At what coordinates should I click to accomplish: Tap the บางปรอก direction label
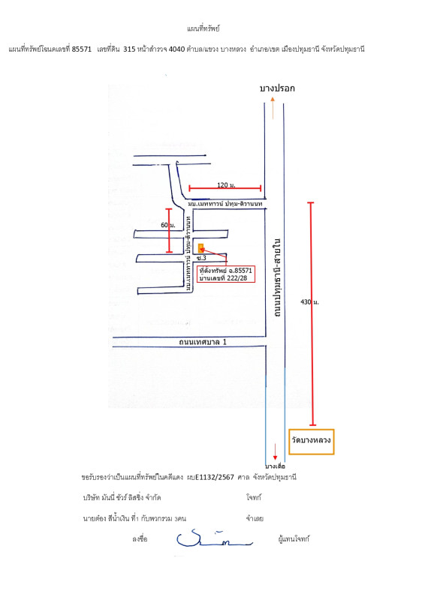coord(277,88)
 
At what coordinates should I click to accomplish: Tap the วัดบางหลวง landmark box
coord(312,442)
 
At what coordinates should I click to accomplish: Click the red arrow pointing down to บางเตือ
coord(276,450)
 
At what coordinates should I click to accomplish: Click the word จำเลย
coord(252,518)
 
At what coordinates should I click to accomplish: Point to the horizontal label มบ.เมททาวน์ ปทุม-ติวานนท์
coord(219,204)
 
